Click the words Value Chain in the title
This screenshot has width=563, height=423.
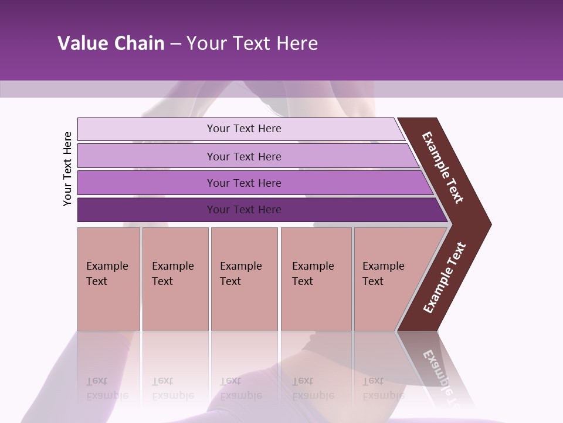coord(111,43)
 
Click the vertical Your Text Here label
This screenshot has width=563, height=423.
coord(67,169)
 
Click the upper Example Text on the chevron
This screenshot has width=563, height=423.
coord(443,167)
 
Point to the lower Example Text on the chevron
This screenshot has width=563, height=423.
coord(445,277)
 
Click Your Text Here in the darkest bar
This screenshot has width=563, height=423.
coord(244,210)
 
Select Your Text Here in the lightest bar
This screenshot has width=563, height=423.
coord(244,129)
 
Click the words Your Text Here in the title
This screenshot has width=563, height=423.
coord(252,43)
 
